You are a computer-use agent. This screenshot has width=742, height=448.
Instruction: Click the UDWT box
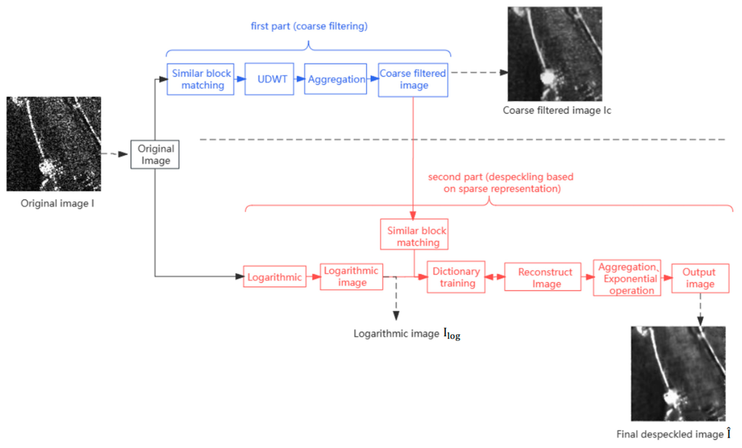pos(269,79)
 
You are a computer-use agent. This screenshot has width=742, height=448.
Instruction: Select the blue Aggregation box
pos(335,79)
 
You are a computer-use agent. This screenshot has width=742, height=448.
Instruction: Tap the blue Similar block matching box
pos(201,79)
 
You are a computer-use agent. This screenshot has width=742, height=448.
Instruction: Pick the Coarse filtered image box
pos(413,80)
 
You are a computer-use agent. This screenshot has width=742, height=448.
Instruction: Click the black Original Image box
pos(155,154)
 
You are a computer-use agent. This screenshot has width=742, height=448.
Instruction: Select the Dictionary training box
pos(456,277)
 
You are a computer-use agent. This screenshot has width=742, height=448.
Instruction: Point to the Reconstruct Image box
pos(543,277)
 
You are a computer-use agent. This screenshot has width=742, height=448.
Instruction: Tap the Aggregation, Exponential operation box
pos(627,278)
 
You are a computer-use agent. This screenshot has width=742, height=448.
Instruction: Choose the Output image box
pos(700,278)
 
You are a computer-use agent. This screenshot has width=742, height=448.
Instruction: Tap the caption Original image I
pos(57,203)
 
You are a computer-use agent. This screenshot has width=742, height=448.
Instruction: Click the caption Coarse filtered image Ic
pos(557,110)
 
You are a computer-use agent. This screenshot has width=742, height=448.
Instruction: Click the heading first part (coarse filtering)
pos(309,26)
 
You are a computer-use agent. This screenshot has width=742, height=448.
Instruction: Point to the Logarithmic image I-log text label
pos(407,334)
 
